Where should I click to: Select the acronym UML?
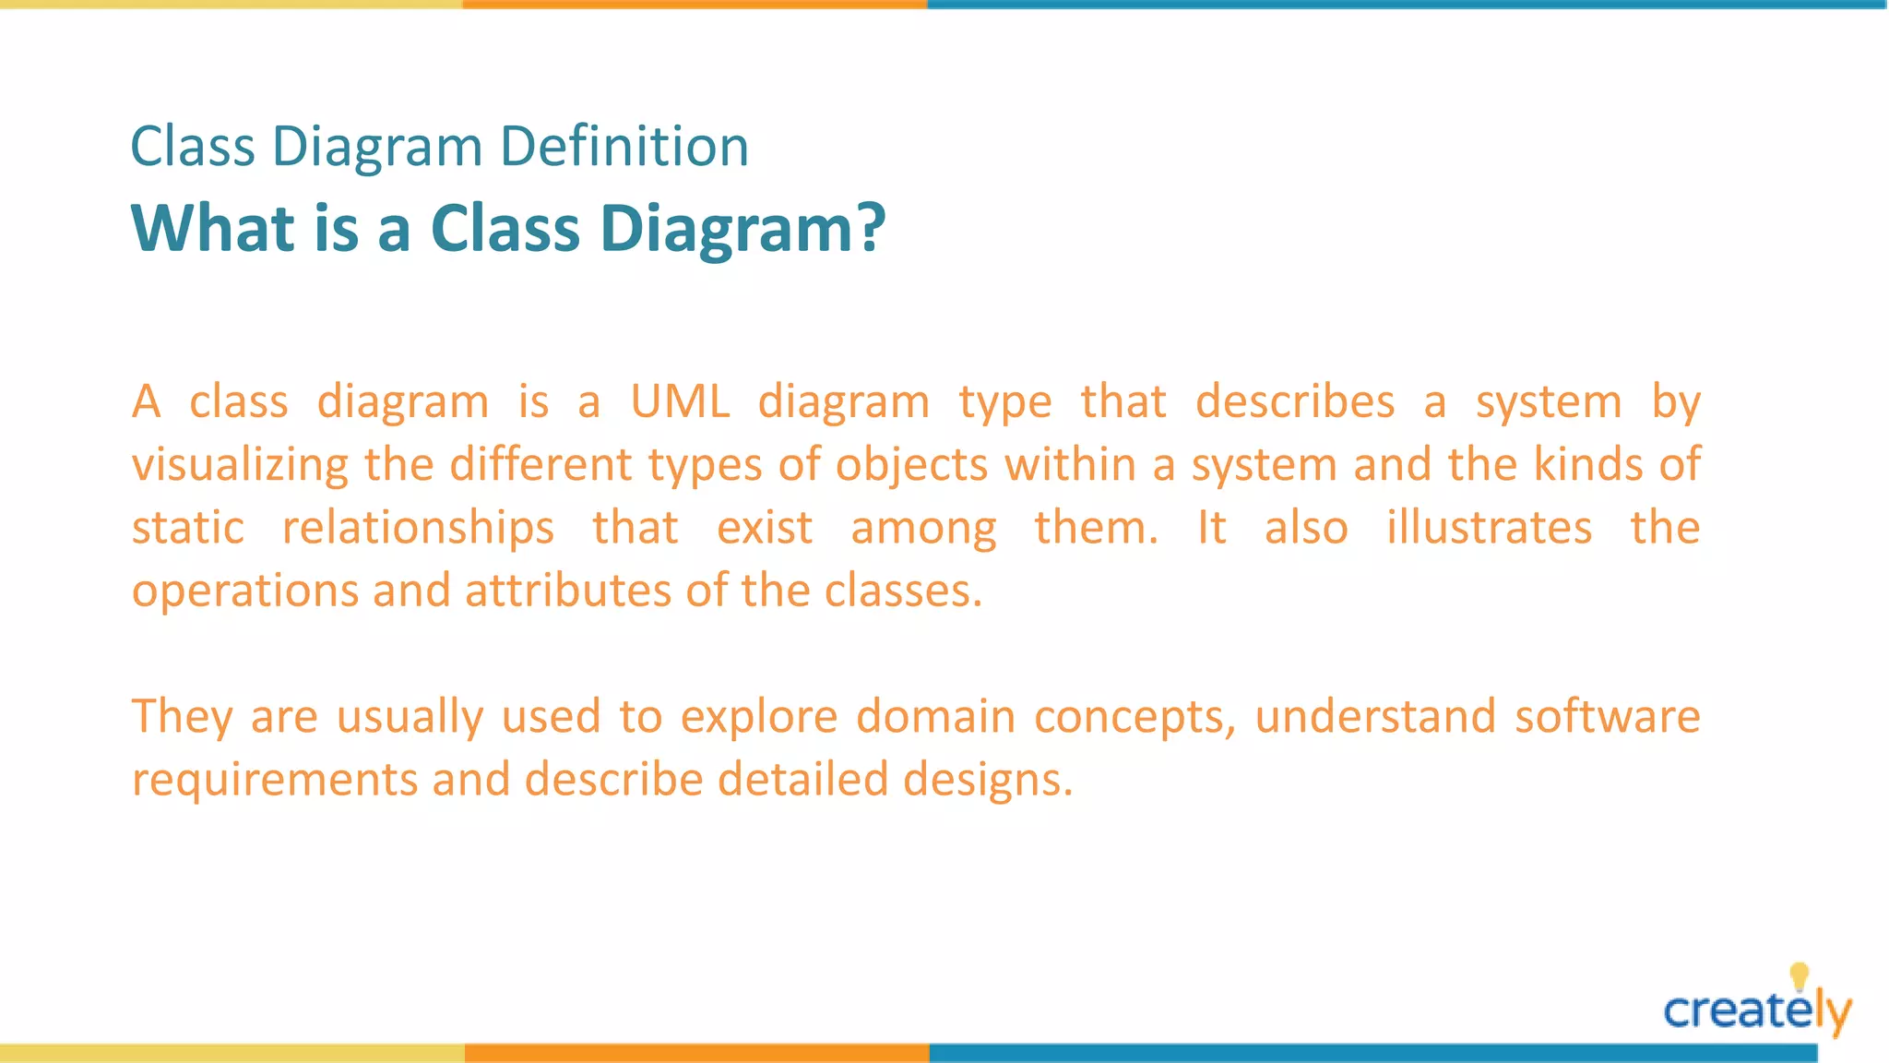pos(681,402)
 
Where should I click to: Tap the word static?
pos(188,528)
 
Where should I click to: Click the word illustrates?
pos(1489,528)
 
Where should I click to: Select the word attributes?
pos(567,591)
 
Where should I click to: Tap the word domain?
pos(935,717)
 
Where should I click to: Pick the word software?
pos(1607,717)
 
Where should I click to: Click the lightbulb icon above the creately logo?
pos(1799,975)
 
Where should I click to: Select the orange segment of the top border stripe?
pos(695,5)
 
